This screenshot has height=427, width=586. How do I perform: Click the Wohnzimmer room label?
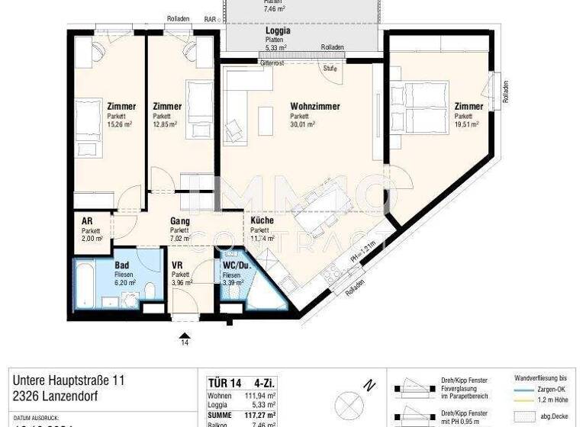[314, 107]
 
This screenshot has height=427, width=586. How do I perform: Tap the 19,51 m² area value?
[466, 125]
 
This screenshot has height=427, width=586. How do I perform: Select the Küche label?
[262, 220]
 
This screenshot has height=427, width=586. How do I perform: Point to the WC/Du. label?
[236, 265]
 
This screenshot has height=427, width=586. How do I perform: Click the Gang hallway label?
[179, 220]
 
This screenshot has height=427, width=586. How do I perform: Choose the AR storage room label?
[88, 220]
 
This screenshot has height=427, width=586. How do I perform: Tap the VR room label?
[178, 265]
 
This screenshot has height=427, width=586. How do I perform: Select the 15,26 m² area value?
[121, 125]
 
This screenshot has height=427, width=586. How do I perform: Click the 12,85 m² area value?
[166, 125]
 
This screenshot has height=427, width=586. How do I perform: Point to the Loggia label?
[276, 31]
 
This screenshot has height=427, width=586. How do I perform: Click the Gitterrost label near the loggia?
[271, 64]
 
